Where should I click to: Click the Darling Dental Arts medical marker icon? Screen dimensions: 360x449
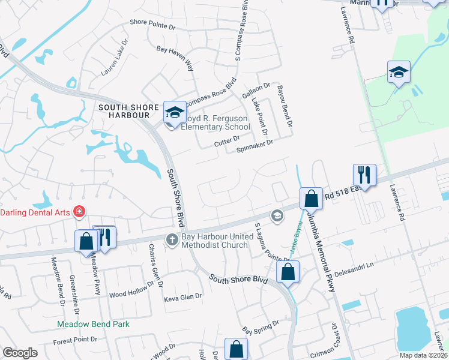78,212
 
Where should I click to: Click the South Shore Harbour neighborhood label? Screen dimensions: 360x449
124,111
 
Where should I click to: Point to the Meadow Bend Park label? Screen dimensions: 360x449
93,324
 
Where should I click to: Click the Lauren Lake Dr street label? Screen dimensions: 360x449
115,58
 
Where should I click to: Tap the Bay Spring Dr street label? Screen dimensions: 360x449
261,327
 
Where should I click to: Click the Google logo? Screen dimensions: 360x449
20,353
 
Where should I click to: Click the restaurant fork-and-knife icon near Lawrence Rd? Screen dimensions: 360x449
364,175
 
